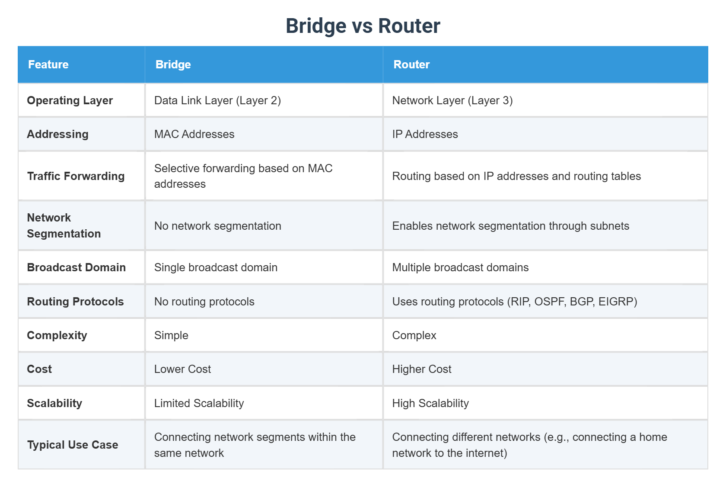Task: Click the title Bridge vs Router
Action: [363, 26]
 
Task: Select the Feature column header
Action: [48, 64]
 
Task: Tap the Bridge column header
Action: [173, 64]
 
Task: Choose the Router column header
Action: [411, 64]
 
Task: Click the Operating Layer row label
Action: [70, 100]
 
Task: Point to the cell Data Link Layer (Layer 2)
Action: [217, 100]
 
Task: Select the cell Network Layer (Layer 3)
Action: [452, 100]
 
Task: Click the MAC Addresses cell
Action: [194, 134]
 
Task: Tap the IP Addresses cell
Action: [425, 134]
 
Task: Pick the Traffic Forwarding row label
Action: [76, 176]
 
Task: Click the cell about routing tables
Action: [517, 176]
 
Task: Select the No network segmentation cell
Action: [218, 226]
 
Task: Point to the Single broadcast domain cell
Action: [216, 267]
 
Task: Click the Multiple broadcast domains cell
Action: [460, 267]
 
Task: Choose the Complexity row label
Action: [57, 336]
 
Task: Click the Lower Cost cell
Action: [182, 369]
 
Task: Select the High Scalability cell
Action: [430, 403]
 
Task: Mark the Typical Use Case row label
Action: [73, 445]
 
